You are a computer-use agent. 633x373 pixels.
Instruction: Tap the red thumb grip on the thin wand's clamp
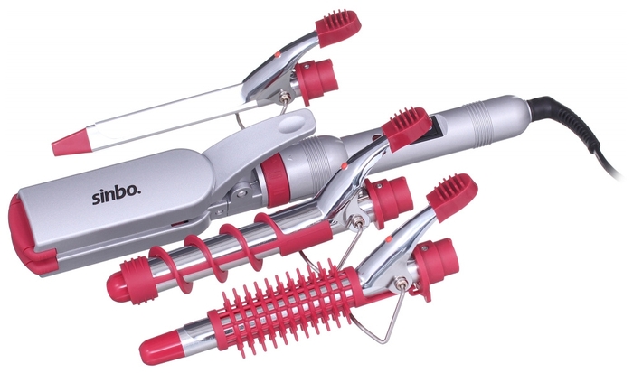click(x=337, y=28)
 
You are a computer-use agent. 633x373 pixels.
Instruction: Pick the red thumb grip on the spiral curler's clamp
click(x=406, y=128)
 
